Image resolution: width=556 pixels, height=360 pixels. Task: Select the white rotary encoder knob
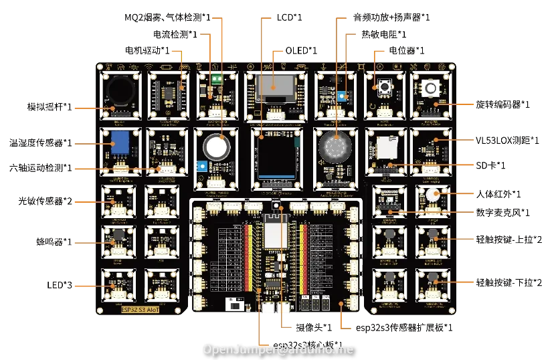coord(429,86)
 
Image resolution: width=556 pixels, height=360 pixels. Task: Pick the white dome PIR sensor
coord(429,195)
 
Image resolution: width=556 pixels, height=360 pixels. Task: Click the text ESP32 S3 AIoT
coord(142,310)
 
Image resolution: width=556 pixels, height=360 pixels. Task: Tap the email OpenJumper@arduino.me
coord(278,349)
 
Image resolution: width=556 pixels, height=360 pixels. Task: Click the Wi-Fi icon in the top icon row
coord(150,68)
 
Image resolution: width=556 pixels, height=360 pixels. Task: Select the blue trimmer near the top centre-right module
coord(342,96)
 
